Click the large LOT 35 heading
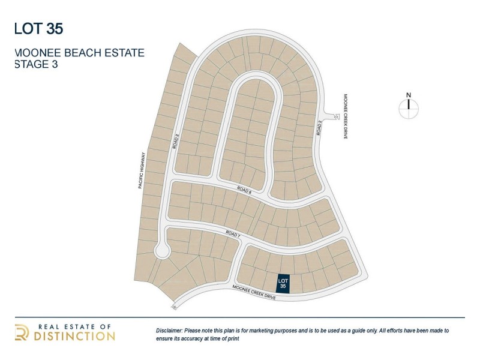pos(38,28)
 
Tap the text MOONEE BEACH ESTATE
pos(79,53)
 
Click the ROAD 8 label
pos(244,190)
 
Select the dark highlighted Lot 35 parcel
pos(284,284)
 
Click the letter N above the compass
pos(408,94)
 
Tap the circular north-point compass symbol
pos(408,108)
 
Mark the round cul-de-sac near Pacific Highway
pos(161,251)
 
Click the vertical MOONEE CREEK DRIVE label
pos(346,116)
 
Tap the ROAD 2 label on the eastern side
pos(320,128)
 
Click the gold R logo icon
pos(22,332)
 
